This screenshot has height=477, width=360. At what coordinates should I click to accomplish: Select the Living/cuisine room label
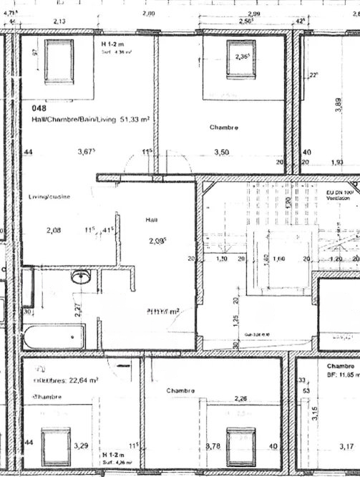49,196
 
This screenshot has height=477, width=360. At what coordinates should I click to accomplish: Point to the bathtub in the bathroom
54,336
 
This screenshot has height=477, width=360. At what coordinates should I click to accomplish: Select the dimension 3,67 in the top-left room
86,152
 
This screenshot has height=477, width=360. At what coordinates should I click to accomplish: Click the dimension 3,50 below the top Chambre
222,152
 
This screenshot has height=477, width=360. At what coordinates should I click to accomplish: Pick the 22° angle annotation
312,75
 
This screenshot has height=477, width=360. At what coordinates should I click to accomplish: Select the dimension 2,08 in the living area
54,230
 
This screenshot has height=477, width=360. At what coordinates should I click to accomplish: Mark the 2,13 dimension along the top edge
60,22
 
